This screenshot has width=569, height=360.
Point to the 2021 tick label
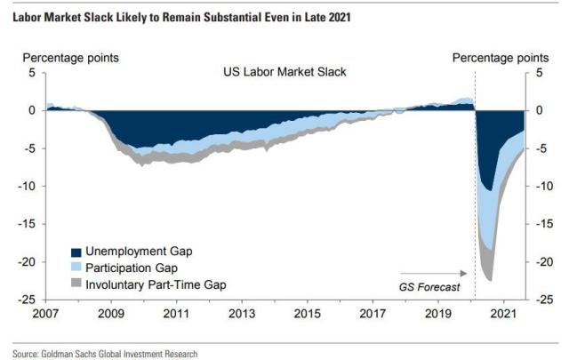pos(503,315)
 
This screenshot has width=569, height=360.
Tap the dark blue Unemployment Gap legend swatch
pos(76,252)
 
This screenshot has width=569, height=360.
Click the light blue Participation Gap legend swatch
pos(76,267)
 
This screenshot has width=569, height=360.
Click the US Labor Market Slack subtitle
pos(284,72)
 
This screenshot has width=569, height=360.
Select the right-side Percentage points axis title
pos(501,58)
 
